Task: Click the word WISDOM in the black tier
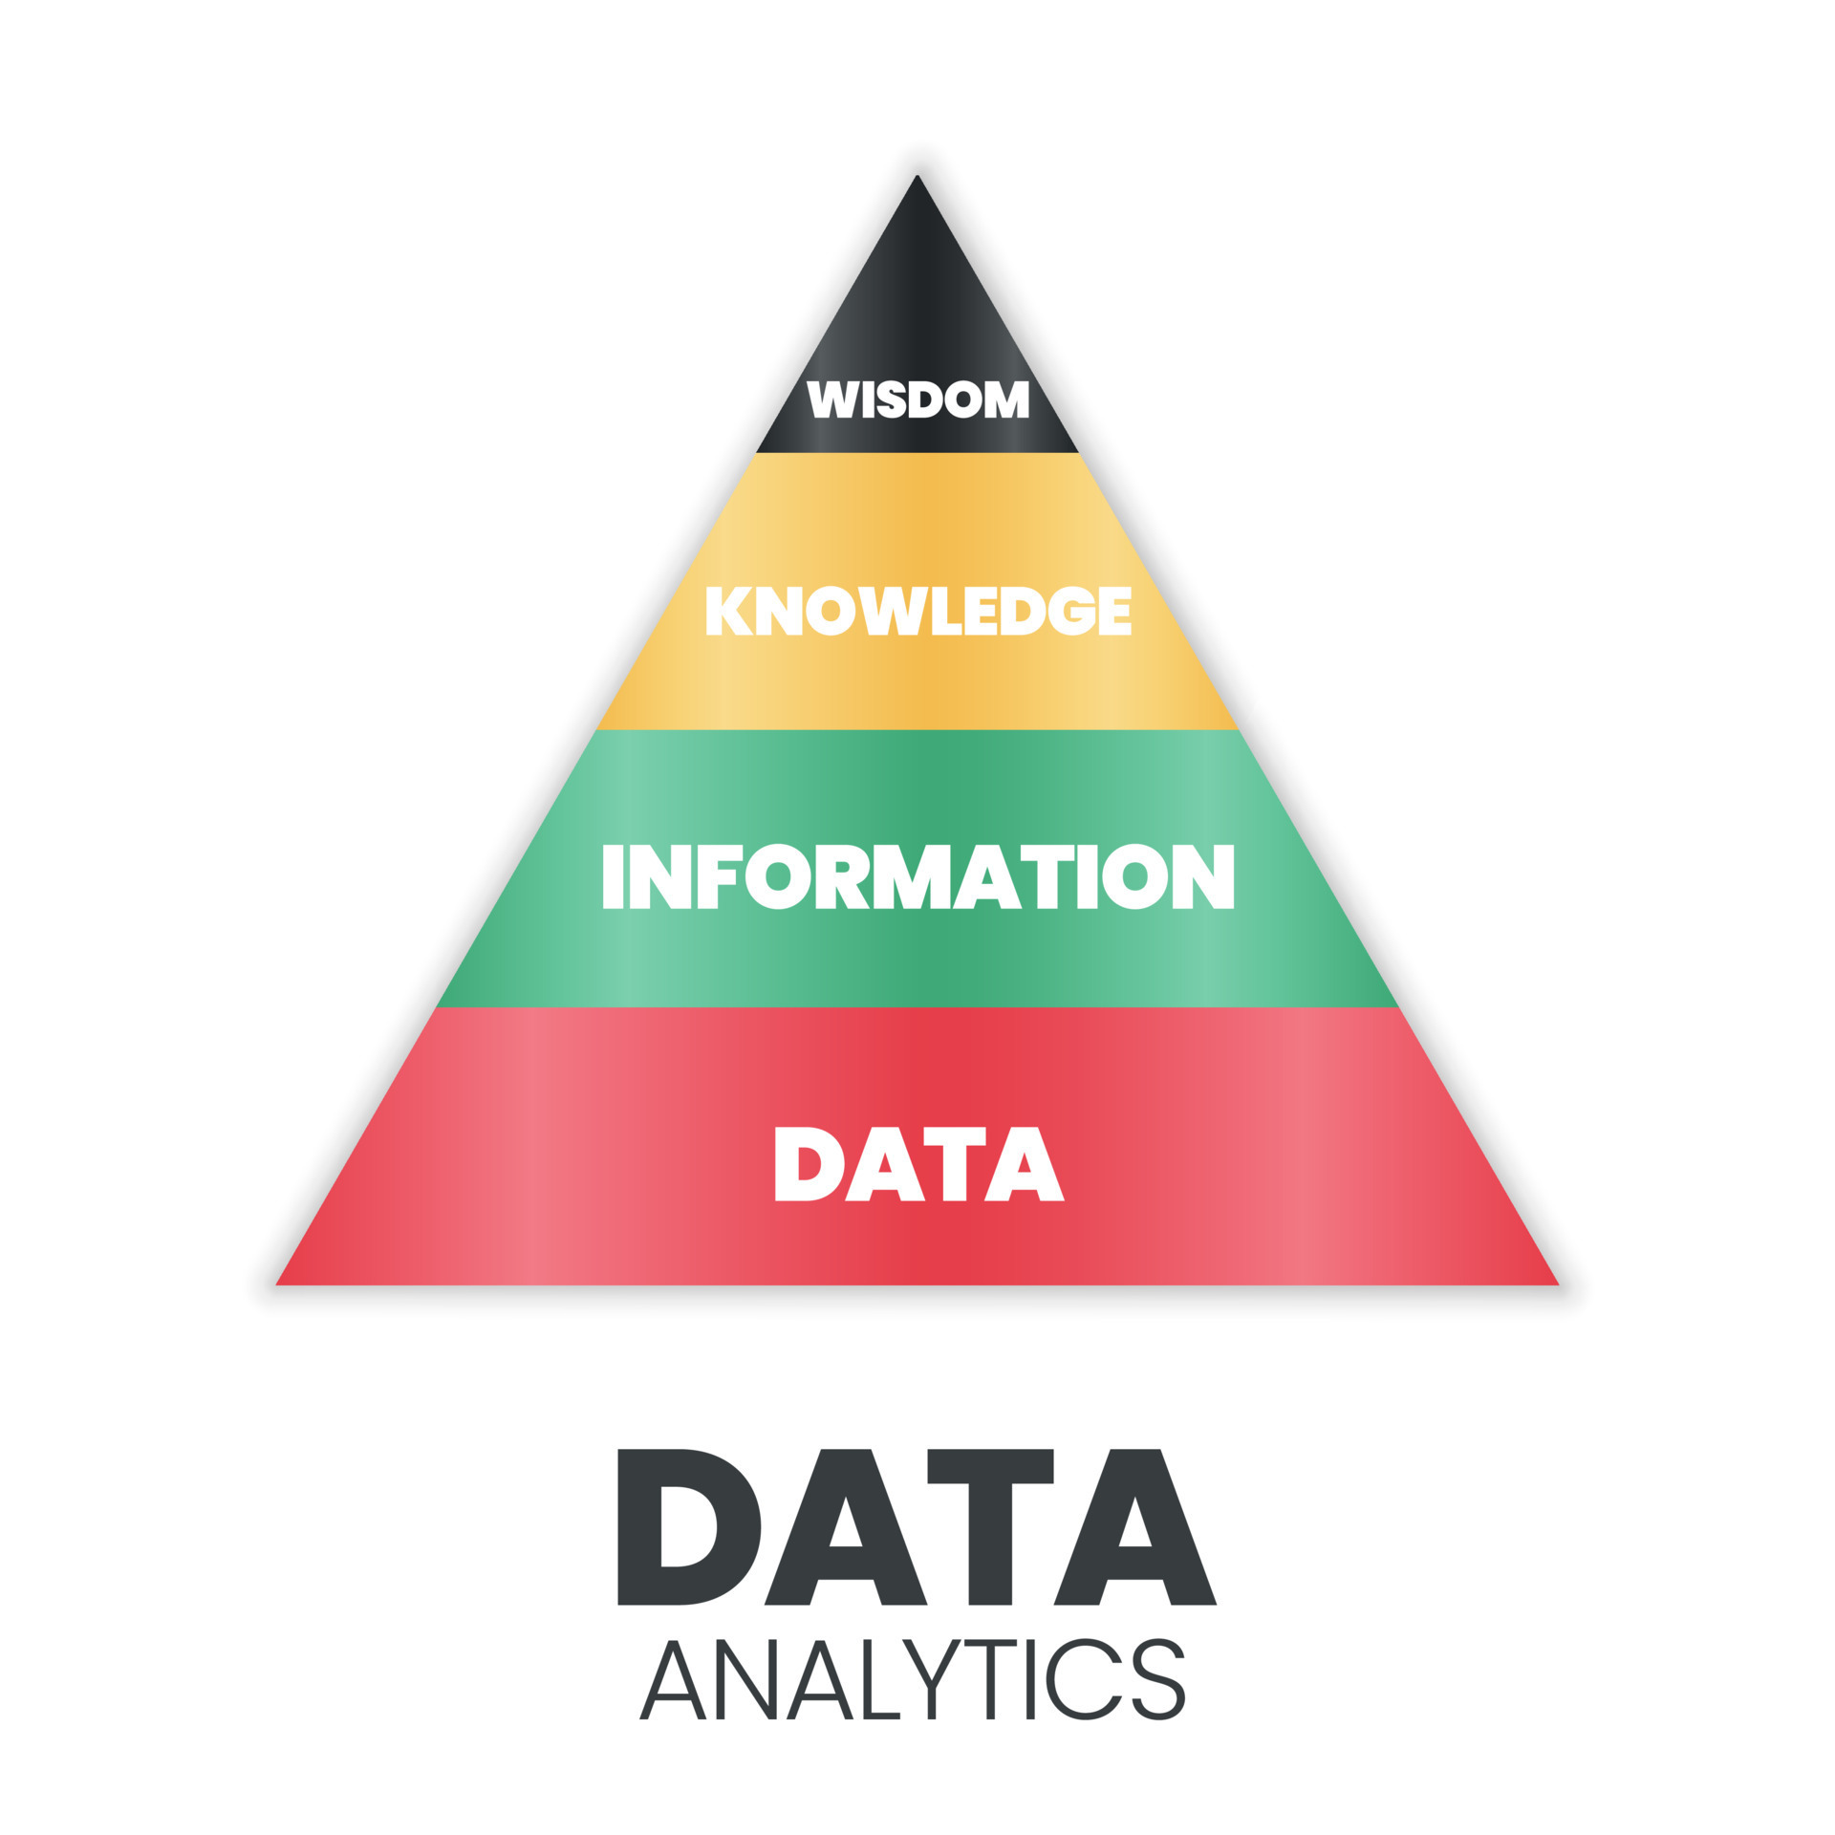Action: (x=917, y=399)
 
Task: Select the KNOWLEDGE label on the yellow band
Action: (x=918, y=610)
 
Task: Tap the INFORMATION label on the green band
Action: (x=918, y=875)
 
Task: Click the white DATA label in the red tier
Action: (x=918, y=1163)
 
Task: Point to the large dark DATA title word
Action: (x=917, y=1526)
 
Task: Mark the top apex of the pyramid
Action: (x=917, y=175)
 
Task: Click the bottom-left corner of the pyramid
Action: (x=276, y=1284)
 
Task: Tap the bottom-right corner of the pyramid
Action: (x=1559, y=1284)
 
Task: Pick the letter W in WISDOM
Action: (x=832, y=399)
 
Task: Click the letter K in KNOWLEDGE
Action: (x=728, y=610)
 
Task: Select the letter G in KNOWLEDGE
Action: (x=1072, y=610)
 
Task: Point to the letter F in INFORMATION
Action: (x=716, y=875)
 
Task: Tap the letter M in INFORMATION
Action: (x=914, y=875)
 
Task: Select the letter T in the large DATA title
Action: (x=990, y=1526)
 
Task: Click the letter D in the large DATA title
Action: (x=688, y=1526)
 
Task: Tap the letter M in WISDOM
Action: (x=1006, y=399)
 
